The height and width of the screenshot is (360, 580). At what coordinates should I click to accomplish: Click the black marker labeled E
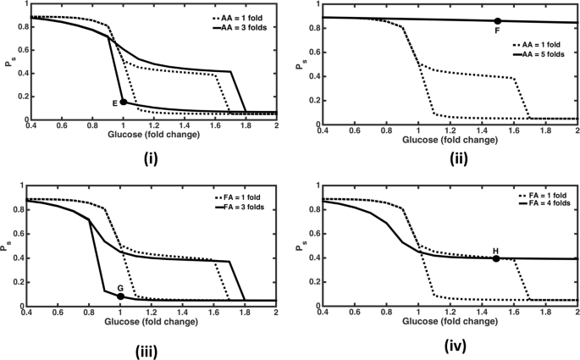click(124, 102)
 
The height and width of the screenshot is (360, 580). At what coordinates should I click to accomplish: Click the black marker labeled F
click(497, 21)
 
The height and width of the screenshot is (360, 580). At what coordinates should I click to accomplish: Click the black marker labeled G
click(121, 296)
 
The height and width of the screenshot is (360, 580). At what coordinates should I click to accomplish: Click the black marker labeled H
click(496, 258)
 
